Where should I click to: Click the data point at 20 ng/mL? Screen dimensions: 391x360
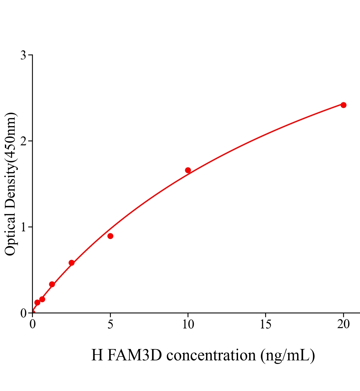[343, 105]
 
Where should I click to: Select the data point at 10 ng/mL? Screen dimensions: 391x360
[188, 170]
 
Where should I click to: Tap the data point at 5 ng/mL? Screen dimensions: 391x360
[110, 236]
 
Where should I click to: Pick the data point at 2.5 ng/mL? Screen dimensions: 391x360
[71, 263]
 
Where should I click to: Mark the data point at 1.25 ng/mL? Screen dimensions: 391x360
[52, 284]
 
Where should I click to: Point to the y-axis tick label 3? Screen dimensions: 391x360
[23, 55]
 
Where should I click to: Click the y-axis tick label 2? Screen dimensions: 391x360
[23, 141]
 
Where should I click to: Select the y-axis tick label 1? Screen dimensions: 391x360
[23, 227]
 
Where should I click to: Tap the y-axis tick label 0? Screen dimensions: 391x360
[23, 313]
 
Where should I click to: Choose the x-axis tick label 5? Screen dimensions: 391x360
[110, 324]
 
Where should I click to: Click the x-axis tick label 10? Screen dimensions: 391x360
[188, 324]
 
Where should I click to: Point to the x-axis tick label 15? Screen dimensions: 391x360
[266, 324]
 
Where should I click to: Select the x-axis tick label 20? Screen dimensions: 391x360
[343, 324]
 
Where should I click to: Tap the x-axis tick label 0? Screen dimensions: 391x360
[33, 324]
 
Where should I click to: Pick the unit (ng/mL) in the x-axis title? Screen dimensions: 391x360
[288, 355]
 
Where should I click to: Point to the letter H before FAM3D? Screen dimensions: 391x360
[97, 355]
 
